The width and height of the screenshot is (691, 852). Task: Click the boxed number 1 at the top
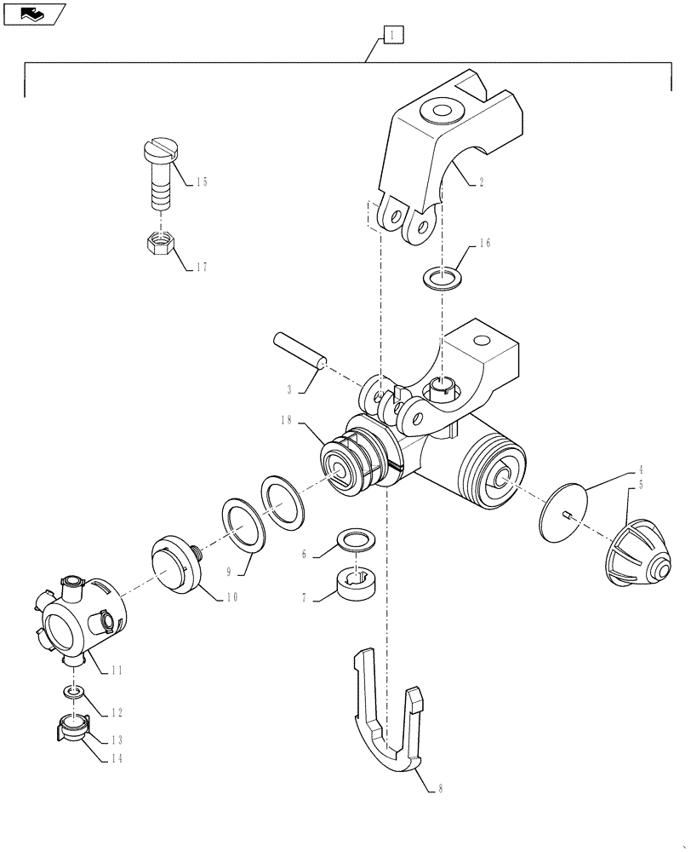391,35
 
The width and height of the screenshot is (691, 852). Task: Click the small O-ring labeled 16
439,278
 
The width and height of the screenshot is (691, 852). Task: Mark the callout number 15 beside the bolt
201,181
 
